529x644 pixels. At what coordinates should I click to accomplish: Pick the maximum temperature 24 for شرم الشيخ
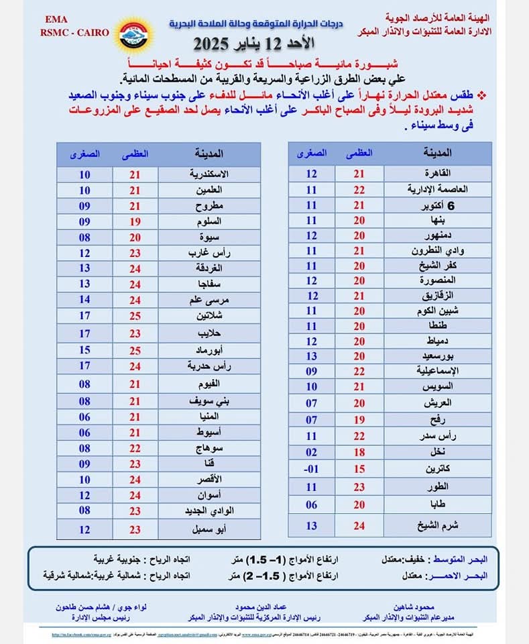coord(359,526)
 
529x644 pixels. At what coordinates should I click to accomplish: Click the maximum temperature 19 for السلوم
coord(135,221)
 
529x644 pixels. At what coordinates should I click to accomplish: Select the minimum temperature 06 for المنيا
coord(84,417)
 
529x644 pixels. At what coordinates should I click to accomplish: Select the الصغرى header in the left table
coord(84,154)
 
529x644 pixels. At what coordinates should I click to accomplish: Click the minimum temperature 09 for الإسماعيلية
coord(311,371)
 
